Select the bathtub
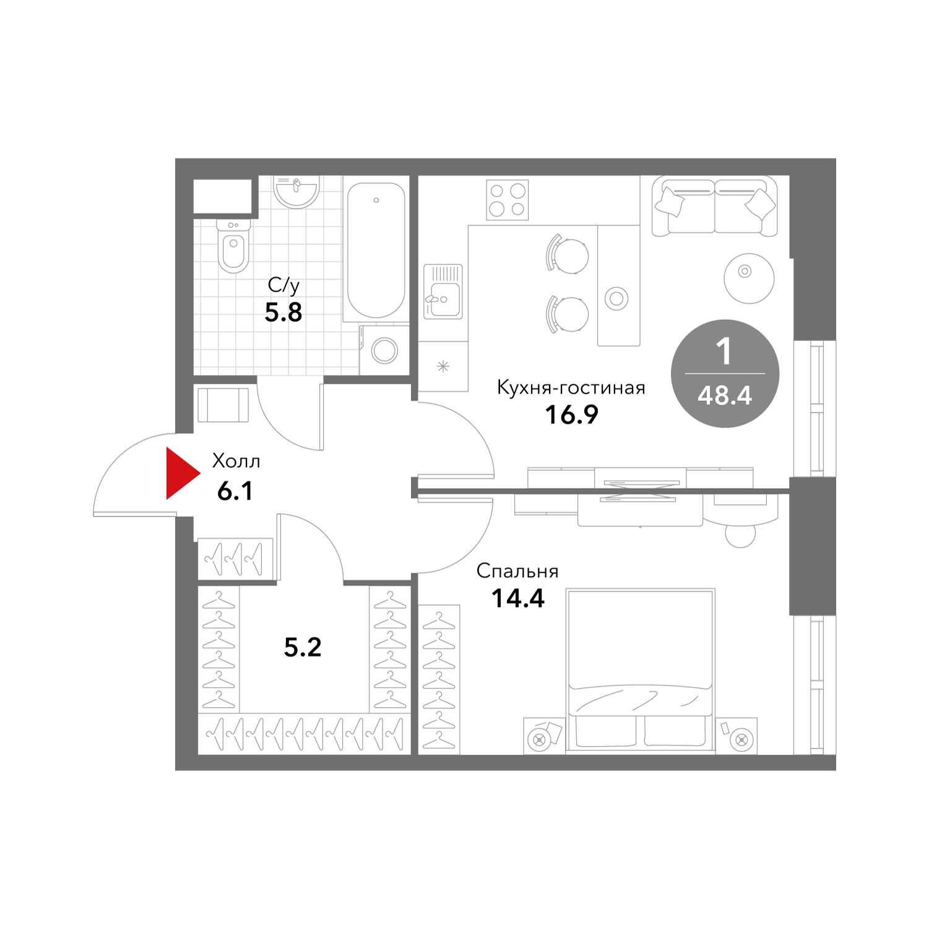376,251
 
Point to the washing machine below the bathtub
384,350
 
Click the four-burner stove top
508,199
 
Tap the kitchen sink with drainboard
443,291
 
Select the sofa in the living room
714,206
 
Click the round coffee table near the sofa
749,278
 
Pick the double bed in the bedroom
641,671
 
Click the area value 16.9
571,415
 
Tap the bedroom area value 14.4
518,598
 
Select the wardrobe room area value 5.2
303,647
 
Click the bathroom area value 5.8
283,312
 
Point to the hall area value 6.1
235,491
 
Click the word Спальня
517,571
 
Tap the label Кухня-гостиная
571,388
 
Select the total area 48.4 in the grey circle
725,395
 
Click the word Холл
236,461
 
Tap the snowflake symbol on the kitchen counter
443,367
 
